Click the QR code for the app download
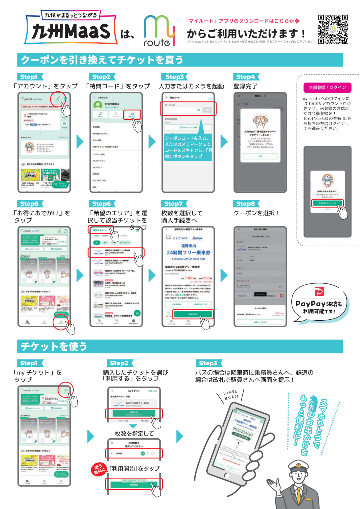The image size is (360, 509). (x=333, y=29)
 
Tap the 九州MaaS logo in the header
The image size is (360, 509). (x=71, y=30)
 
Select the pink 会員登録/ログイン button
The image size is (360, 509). (x=327, y=87)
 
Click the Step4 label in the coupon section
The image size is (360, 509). (x=246, y=77)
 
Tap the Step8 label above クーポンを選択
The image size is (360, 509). (x=246, y=204)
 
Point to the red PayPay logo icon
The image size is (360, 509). (x=319, y=291)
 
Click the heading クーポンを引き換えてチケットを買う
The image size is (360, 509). (x=102, y=60)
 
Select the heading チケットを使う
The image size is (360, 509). (x=54, y=346)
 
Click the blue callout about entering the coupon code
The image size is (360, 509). (x=188, y=147)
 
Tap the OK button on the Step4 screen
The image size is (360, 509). (x=260, y=156)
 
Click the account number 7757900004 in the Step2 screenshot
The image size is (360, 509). (x=112, y=104)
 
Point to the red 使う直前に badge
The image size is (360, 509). (x=99, y=469)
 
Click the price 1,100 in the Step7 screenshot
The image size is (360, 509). (x=189, y=278)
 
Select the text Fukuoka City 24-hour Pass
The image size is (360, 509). (x=188, y=259)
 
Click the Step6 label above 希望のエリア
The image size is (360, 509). (x=102, y=204)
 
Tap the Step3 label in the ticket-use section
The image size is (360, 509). (x=208, y=363)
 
